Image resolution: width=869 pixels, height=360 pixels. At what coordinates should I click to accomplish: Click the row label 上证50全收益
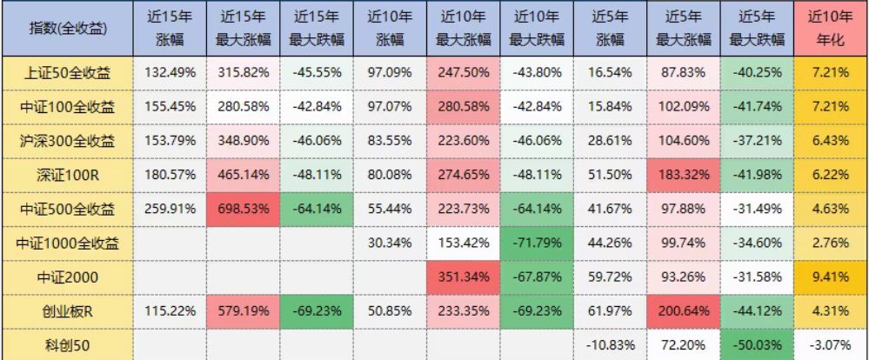[67, 72]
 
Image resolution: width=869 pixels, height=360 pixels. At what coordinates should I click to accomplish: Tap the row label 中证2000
[67, 277]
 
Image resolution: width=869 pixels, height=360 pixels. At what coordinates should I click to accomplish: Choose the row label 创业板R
[67, 311]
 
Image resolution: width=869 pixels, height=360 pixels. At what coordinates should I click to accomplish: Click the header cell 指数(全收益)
[67, 29]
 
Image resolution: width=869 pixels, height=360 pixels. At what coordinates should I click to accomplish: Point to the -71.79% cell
[535, 243]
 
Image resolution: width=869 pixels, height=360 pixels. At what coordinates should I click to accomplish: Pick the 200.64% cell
[681, 311]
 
